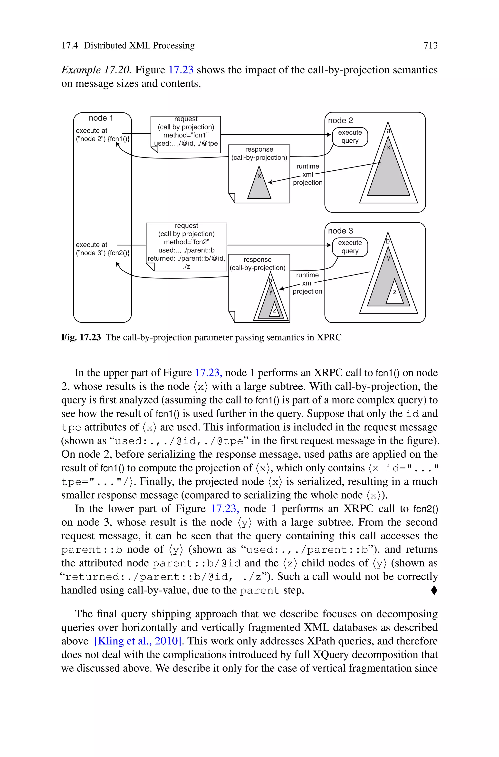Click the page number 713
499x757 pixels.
[x=430, y=46]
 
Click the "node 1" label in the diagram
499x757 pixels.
[x=101, y=118]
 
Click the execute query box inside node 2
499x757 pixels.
[x=350, y=137]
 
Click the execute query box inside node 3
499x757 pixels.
[x=350, y=247]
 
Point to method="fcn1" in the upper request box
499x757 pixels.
[x=186, y=135]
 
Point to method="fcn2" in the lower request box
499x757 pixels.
[x=186, y=242]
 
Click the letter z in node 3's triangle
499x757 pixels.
[x=395, y=292]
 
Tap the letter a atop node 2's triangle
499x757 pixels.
[x=388, y=131]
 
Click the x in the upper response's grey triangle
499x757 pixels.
[x=259, y=176]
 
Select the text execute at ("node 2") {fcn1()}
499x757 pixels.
[x=103, y=135]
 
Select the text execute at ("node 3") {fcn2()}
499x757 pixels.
[x=103, y=249]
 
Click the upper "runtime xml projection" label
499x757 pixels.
[x=307, y=175]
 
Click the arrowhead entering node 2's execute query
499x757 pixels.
[x=329, y=134]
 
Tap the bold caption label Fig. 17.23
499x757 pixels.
[x=81, y=337]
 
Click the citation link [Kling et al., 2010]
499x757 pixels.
[x=137, y=640]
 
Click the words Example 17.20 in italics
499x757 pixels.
[x=96, y=70]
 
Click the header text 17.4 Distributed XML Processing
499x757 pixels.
[x=128, y=46]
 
